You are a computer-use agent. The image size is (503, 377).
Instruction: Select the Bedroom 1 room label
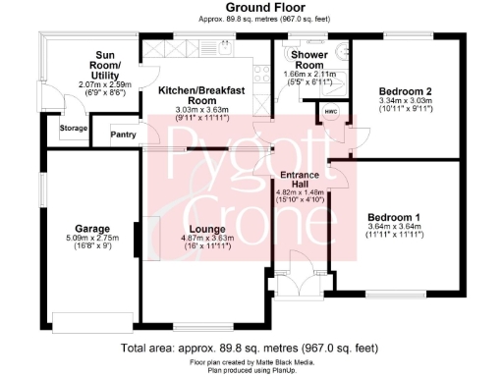[x=394, y=217]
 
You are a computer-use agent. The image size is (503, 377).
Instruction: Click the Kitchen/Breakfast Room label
[x=201, y=94]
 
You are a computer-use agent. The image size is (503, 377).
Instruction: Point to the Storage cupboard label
[x=73, y=128]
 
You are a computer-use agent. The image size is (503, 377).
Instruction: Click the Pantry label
[x=124, y=135]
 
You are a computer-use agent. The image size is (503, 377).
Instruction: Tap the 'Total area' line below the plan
[x=251, y=348]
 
